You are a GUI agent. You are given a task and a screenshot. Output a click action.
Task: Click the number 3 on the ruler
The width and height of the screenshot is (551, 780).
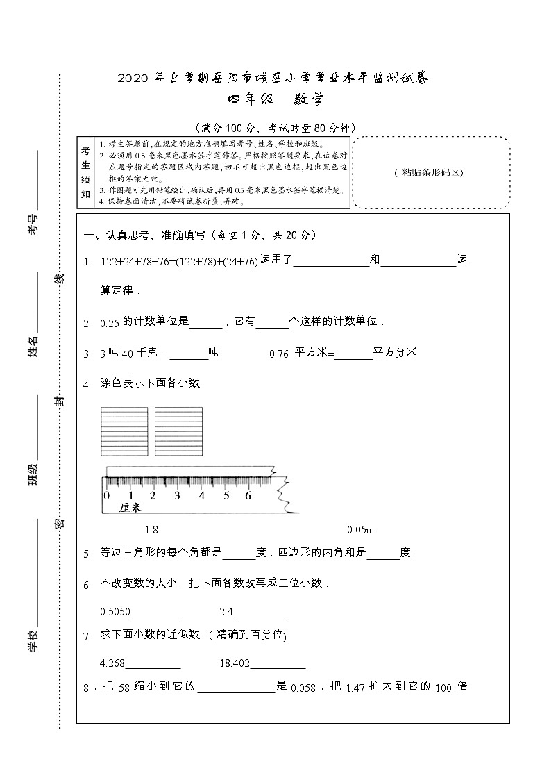click(x=177, y=496)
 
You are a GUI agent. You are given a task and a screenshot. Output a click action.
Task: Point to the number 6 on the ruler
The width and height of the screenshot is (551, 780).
click(x=248, y=496)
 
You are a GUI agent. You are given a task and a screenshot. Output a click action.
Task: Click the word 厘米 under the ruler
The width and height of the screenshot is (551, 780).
click(x=130, y=508)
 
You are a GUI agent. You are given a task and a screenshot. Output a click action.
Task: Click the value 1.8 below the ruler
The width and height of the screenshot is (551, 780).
click(x=151, y=530)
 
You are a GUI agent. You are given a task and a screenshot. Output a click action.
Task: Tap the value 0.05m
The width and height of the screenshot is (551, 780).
click(x=360, y=530)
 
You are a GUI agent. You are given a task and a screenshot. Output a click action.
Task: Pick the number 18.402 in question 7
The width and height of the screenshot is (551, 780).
click(x=234, y=663)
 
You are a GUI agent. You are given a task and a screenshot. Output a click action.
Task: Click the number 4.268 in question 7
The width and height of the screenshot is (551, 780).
click(x=112, y=663)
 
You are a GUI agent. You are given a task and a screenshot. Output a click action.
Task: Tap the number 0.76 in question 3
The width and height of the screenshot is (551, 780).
click(x=278, y=354)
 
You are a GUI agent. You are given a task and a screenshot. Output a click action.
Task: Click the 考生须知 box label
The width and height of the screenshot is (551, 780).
click(x=86, y=172)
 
